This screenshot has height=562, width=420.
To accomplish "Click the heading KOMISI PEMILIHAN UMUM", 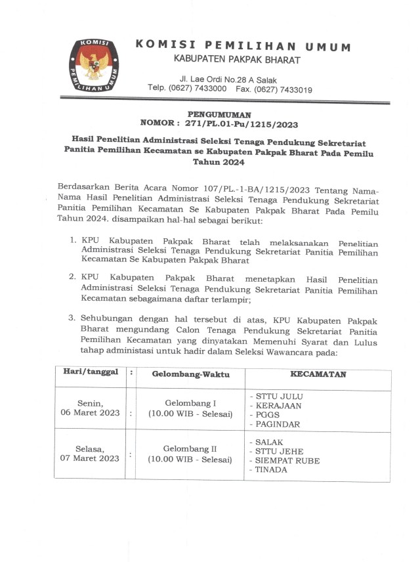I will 243,46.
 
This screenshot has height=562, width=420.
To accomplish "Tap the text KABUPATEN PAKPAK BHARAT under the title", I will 237,60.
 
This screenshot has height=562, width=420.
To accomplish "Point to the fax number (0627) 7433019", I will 283,89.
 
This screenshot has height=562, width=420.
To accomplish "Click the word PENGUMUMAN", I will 218,114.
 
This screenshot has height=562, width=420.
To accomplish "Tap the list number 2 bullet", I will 73,279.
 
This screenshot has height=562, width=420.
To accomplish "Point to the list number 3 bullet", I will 73,318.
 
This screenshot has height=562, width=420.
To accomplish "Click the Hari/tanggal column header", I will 91,373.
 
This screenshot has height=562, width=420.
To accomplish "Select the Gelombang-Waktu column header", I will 190,374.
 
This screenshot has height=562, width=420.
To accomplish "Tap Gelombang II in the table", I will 190,448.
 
